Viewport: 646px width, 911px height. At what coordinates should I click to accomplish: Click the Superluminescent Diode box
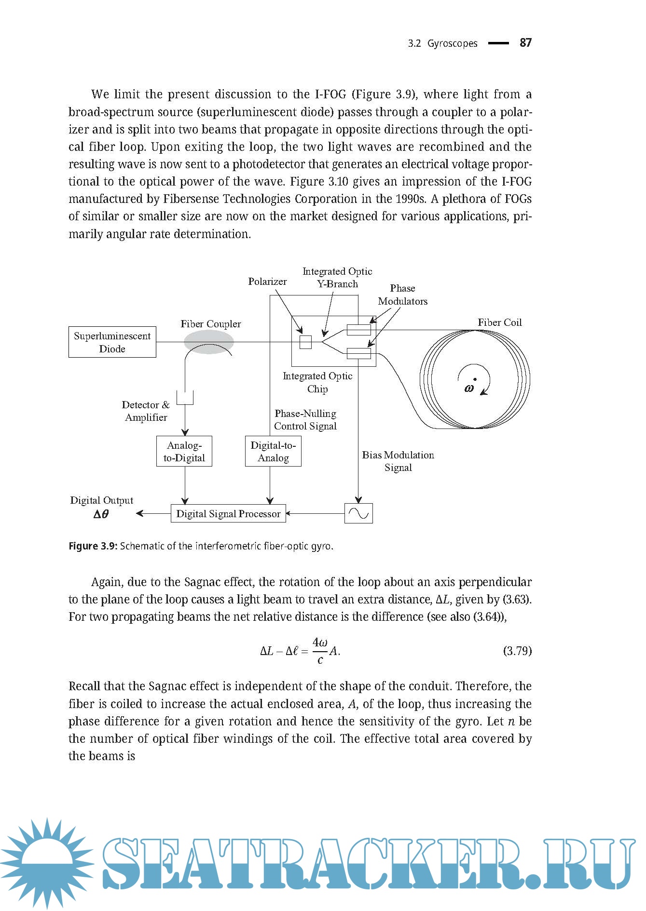[x=112, y=342]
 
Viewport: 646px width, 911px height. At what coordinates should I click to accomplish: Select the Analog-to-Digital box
[x=184, y=452]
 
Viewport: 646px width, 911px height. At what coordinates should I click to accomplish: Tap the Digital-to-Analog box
[x=273, y=452]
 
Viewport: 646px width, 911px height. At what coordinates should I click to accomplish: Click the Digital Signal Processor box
[x=228, y=514]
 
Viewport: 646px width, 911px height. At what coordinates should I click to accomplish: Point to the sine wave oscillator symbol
[x=358, y=514]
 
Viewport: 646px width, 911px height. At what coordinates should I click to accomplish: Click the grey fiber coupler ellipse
[x=209, y=342]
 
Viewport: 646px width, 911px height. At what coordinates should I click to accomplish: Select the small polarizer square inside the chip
[x=305, y=342]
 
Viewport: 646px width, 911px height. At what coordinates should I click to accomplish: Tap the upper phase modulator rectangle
[x=359, y=330]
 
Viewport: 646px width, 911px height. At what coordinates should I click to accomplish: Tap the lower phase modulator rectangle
[x=359, y=354]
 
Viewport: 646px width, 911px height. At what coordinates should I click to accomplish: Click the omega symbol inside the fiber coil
[x=469, y=389]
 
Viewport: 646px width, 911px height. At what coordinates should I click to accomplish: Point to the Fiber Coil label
[x=499, y=322]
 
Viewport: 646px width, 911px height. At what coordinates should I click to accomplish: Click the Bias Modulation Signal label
[x=398, y=461]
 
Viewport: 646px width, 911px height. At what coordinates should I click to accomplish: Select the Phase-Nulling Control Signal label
[x=305, y=420]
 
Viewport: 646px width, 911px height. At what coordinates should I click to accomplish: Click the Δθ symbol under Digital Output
[x=101, y=514]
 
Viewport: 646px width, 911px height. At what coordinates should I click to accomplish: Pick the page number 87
[x=525, y=43]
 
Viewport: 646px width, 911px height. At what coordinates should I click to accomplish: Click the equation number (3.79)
[x=517, y=651]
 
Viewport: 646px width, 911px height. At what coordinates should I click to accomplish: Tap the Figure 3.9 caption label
[x=93, y=546]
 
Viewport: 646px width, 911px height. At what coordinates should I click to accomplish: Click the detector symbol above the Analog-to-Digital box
[x=185, y=398]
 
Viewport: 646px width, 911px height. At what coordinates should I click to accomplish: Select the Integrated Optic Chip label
[x=317, y=382]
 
